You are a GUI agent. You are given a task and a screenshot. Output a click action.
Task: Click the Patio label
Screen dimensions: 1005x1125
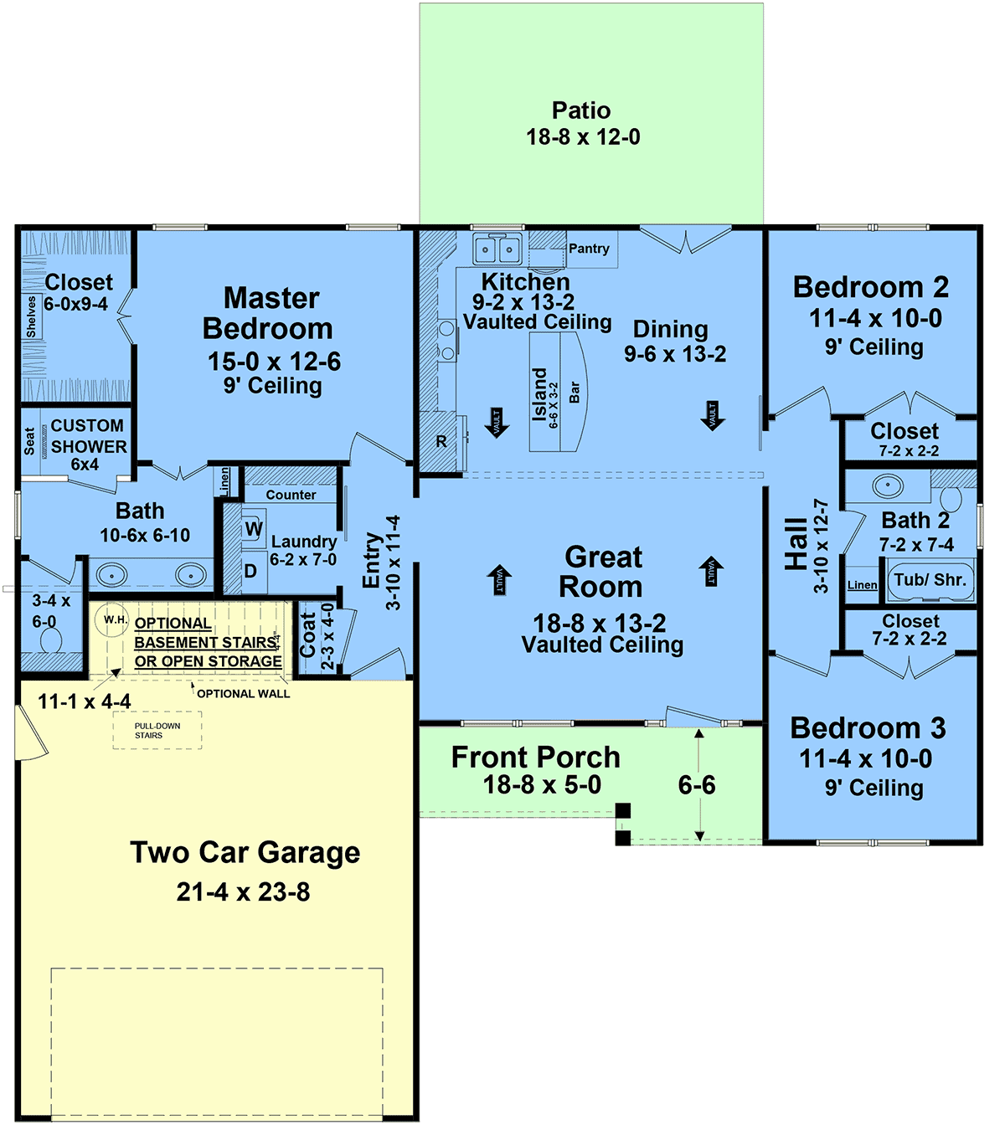pos(581,110)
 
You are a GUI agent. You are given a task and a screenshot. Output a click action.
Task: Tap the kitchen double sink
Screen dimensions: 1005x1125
pos(497,249)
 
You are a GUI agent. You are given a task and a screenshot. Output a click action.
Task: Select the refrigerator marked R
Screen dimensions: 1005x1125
pos(441,441)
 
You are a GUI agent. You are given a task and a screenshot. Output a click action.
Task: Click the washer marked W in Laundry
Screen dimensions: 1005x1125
pos(253,528)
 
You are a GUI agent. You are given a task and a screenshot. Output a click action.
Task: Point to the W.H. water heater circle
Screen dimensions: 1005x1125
pos(111,619)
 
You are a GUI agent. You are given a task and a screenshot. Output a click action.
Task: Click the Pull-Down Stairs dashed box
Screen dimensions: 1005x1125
pos(157,730)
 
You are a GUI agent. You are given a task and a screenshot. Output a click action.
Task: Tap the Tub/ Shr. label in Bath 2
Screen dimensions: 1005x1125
pos(930,580)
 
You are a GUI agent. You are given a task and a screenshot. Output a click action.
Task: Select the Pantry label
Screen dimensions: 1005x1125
pos(589,249)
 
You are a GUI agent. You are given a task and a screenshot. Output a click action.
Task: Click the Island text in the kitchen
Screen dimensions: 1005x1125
pos(539,395)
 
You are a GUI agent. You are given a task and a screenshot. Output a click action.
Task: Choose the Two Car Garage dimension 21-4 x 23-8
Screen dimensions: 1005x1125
pos(244,891)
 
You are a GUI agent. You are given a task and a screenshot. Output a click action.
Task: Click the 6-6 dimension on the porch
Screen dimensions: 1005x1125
pos(697,785)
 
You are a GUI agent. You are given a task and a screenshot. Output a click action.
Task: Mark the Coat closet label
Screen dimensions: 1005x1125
pos(307,635)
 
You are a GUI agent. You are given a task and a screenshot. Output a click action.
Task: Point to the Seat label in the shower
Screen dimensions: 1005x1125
pos(29,441)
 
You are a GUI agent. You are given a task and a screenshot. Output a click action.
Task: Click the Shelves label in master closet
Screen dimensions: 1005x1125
pos(31,316)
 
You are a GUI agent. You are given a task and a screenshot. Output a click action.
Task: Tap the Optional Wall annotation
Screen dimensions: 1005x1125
pos(244,694)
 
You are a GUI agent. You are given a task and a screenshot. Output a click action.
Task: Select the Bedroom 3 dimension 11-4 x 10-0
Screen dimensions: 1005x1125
pos(865,758)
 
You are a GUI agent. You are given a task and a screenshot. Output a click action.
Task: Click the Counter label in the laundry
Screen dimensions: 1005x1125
pos(291,495)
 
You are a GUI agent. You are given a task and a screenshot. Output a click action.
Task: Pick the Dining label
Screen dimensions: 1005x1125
pos(671,330)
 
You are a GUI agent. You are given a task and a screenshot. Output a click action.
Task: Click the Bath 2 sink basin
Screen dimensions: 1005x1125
pos(888,485)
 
